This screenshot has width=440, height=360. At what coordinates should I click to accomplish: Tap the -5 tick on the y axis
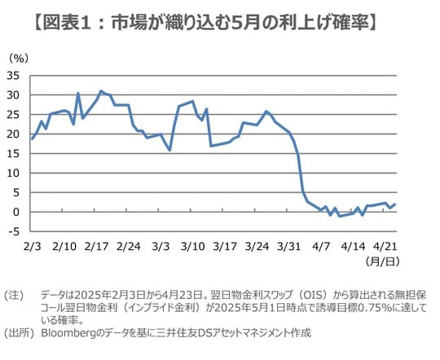(14, 231)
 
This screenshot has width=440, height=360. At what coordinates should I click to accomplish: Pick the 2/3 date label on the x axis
(32, 245)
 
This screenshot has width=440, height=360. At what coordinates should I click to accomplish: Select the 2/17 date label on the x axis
(96, 245)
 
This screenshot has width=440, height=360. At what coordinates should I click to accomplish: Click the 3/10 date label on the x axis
(192, 245)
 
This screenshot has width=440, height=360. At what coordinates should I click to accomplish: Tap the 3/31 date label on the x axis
(288, 245)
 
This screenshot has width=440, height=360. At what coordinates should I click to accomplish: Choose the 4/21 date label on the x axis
(385, 245)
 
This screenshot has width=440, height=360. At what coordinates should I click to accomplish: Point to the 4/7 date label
(320, 245)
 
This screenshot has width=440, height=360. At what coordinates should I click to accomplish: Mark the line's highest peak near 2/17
(101, 91)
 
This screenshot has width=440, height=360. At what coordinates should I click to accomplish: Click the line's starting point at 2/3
(32, 138)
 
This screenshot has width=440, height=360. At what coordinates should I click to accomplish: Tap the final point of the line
(395, 204)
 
